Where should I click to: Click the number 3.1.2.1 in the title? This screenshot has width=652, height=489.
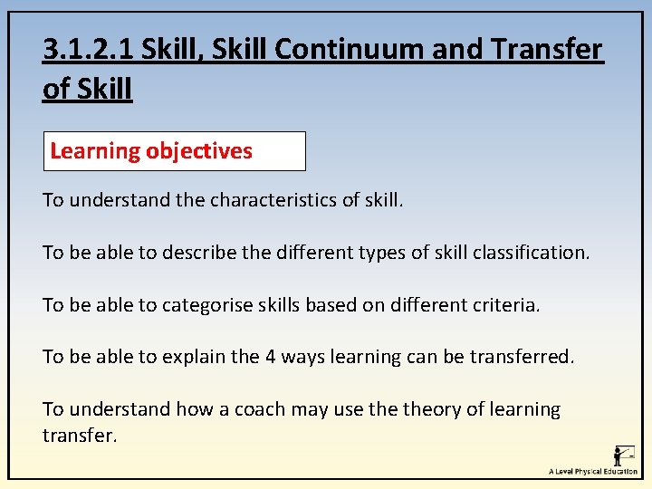(x=89, y=49)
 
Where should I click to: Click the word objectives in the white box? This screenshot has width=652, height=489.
(x=200, y=151)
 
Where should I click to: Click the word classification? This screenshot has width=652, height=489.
(x=532, y=252)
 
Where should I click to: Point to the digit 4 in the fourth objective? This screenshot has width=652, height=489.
(x=269, y=357)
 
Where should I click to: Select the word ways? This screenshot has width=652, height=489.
(x=306, y=357)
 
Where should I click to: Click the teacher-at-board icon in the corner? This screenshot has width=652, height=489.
(x=623, y=455)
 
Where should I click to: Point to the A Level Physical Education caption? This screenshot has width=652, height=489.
(x=593, y=472)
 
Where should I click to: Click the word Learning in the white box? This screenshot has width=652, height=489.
(x=95, y=151)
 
